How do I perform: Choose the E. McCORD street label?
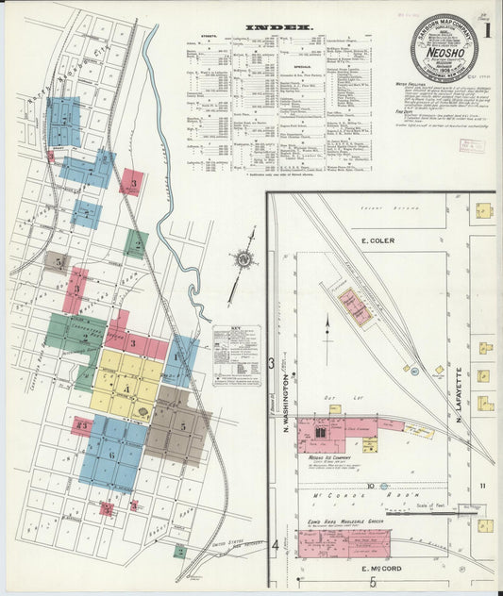point(382,570)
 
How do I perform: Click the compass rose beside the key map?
point(244,258)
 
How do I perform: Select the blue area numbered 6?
point(112,454)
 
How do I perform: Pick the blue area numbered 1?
point(179,358)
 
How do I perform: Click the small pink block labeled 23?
point(82,426)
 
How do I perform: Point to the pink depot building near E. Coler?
point(356,307)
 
